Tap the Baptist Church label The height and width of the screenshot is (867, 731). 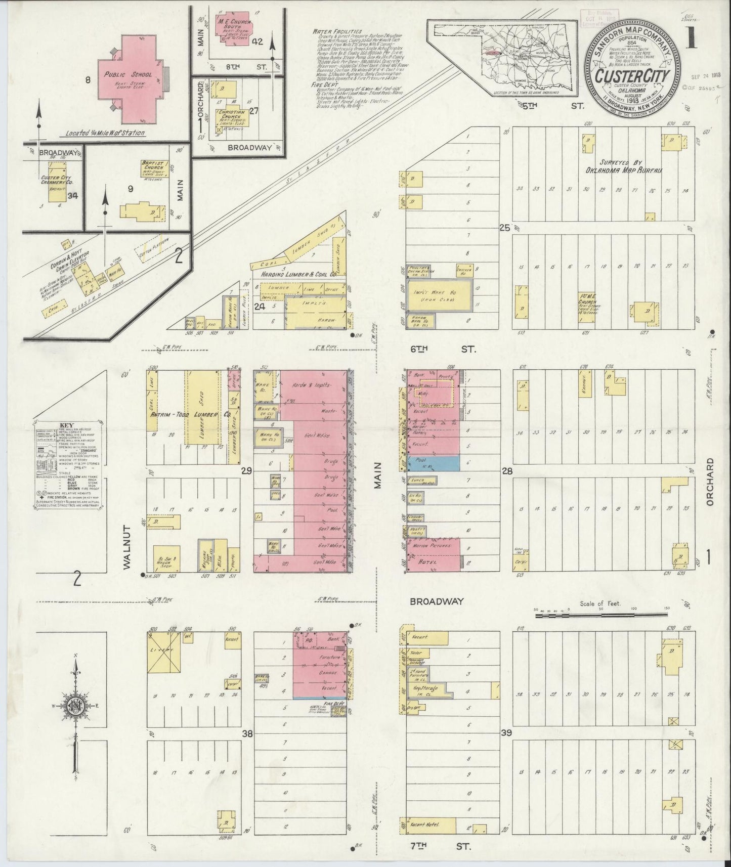154,167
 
